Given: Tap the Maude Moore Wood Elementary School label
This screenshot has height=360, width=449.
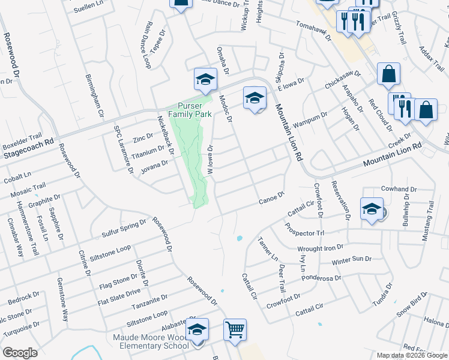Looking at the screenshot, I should tap(151, 341).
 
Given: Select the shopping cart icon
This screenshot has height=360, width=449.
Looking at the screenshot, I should tap(235, 329).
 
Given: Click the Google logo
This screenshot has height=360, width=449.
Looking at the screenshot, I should tap(19, 352).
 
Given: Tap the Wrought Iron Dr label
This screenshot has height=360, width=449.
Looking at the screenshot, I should tap(321, 247).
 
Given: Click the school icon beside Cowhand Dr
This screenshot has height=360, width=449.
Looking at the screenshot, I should tap(372, 208).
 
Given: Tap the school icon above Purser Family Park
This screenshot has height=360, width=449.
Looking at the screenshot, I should tap(205, 79).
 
